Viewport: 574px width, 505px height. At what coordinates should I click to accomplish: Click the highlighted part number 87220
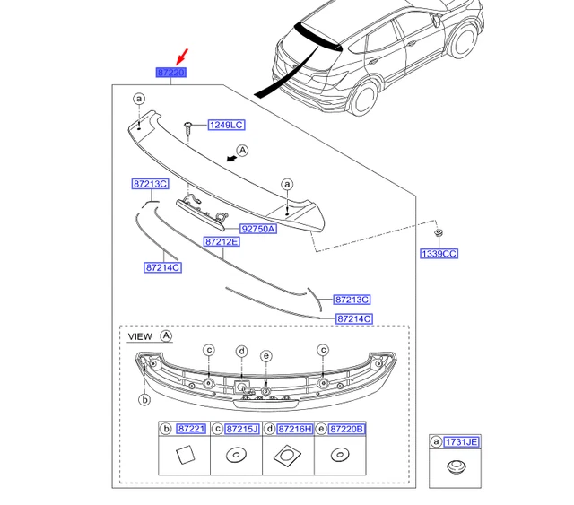click(x=170, y=72)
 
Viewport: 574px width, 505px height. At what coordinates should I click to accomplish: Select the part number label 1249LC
click(x=226, y=126)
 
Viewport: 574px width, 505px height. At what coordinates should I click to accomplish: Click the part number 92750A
click(x=258, y=229)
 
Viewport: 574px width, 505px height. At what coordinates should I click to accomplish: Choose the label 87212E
click(x=221, y=242)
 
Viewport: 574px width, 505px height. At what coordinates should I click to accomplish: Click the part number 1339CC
click(x=439, y=254)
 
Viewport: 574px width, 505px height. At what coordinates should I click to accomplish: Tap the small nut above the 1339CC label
click(x=437, y=234)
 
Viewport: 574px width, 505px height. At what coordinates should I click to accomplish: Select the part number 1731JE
click(x=464, y=441)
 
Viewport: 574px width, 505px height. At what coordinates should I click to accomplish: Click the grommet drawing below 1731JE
click(x=456, y=468)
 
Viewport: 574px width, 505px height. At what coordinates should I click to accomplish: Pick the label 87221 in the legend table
click(x=191, y=430)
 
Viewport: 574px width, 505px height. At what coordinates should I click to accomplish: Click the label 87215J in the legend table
click(x=242, y=430)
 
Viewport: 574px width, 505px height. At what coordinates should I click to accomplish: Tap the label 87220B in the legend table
click(x=346, y=430)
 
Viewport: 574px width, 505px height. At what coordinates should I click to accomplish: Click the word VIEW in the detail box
click(x=140, y=336)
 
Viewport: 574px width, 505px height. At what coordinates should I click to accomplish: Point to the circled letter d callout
click(x=241, y=351)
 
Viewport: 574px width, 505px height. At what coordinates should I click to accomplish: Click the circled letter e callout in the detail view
click(x=266, y=356)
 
